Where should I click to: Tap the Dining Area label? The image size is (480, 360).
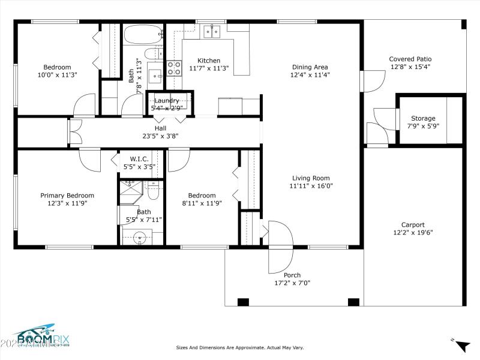(310, 67)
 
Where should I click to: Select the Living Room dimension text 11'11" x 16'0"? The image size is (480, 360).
(311, 186)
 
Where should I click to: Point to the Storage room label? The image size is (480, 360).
(423, 118)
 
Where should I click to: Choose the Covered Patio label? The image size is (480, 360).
(410, 59)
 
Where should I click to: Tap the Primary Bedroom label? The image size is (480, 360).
(67, 195)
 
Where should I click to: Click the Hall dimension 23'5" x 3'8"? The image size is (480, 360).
(160, 136)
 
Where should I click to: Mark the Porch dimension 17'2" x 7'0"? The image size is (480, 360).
(292, 283)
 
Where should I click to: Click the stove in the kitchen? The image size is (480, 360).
(174, 68)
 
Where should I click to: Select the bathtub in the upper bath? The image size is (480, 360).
(143, 34)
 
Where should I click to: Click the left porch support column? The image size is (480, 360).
(243, 302)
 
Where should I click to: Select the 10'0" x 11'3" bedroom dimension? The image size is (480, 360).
(57, 75)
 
